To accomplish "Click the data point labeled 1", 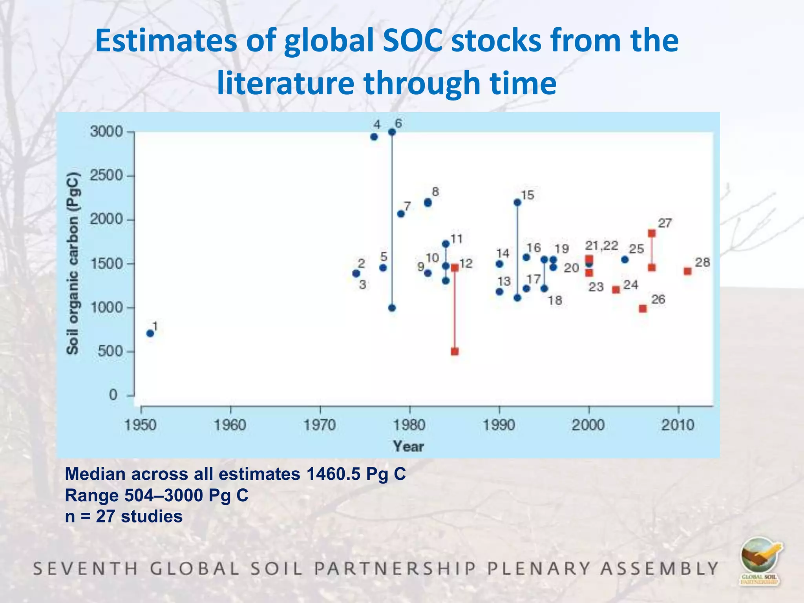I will (x=150, y=333).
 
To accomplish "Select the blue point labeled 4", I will (x=374, y=137).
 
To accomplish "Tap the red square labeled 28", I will (x=687, y=271).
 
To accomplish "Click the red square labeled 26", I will (x=643, y=309).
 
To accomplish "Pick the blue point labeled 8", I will (x=428, y=203).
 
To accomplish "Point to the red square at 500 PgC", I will (x=455, y=351).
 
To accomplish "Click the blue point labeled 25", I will (x=625, y=260).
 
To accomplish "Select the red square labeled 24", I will (x=616, y=290).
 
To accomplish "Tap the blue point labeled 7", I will (x=401, y=214).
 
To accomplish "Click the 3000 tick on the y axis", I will (x=107, y=132).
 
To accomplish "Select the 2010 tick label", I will (x=678, y=425).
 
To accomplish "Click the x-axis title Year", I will (x=409, y=446).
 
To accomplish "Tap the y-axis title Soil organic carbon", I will (x=73, y=263).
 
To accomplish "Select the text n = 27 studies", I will (x=124, y=516).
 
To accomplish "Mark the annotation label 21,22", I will (x=601, y=246).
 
